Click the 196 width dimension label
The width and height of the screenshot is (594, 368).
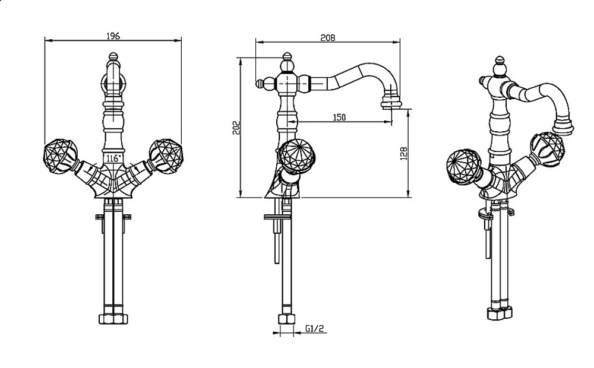pos(113,36)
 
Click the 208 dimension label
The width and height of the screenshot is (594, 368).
pos(328,38)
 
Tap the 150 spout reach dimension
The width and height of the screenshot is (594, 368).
pos(339,118)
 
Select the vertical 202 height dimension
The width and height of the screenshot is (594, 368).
pos(236,128)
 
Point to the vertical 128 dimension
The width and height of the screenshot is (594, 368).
pos(404,153)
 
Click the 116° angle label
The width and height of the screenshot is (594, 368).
pos(113,158)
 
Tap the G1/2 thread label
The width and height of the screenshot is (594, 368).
pos(315,328)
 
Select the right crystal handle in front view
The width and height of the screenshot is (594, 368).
pos(166,156)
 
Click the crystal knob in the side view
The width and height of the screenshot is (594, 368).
pos(296,156)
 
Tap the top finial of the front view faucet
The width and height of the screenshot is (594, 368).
pos(113,57)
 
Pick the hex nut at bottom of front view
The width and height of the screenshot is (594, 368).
pos(113,319)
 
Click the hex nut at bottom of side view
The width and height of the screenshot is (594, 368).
pos(286,319)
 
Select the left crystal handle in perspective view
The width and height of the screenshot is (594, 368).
pos(464,167)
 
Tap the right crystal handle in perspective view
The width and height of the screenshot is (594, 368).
pos(547,149)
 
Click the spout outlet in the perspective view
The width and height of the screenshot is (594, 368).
pos(564,126)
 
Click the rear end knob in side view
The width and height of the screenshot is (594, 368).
pos(260,83)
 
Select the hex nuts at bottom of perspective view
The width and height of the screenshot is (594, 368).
pos(501,313)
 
